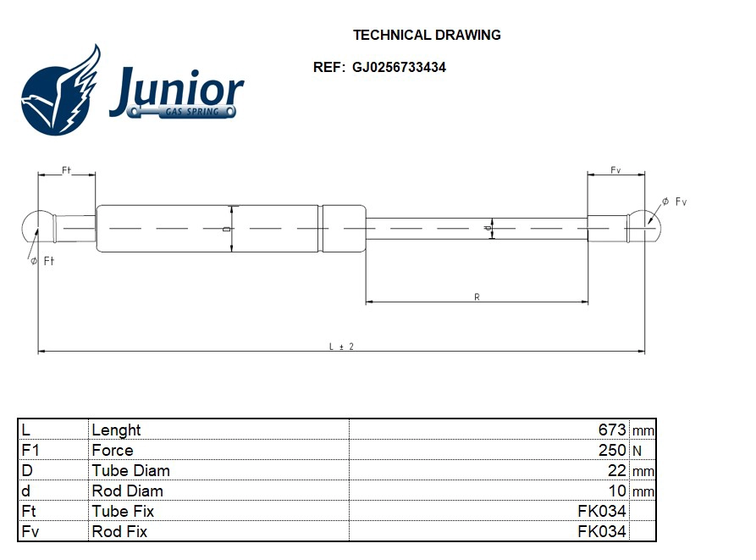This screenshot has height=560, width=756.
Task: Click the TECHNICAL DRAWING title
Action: click(427, 36)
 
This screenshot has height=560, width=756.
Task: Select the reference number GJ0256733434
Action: click(399, 68)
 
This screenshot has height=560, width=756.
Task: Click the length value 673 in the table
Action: click(611, 430)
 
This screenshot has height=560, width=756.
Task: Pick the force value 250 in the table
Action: click(611, 450)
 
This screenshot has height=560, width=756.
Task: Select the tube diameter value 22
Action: click(617, 470)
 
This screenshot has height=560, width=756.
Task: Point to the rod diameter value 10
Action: click(617, 491)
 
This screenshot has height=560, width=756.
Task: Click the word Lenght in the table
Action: click(116, 430)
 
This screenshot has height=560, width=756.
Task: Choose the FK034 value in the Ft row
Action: click(601, 511)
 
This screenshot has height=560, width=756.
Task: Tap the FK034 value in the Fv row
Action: click(601, 531)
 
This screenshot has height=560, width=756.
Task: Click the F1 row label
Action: click(30, 450)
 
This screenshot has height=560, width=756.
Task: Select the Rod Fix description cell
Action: click(119, 531)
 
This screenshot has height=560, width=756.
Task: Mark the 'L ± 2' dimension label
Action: click(341, 347)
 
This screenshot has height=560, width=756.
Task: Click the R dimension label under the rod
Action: click(477, 297)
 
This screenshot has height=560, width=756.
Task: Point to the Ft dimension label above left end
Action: click(66, 170)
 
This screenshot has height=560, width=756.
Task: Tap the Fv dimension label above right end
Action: click(615, 170)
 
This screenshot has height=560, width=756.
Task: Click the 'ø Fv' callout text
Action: click(674, 202)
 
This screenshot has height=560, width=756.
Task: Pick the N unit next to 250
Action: click(637, 451)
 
